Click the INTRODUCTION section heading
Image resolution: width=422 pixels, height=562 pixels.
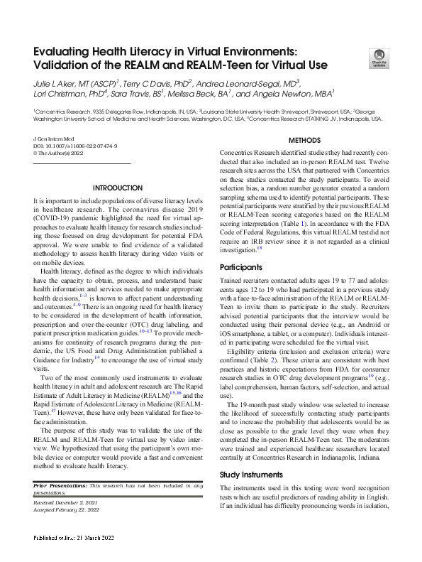pos(118,188)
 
